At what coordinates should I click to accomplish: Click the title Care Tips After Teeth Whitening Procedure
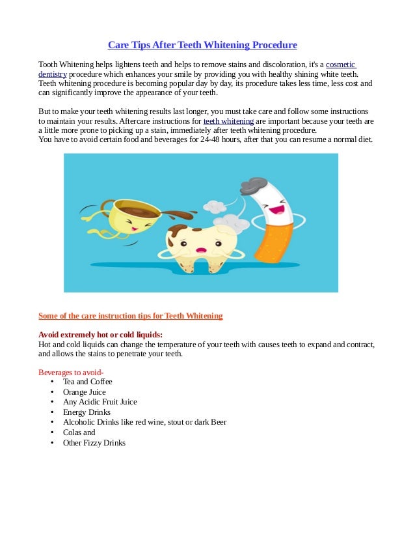(202, 45)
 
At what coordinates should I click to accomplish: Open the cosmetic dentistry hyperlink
(340, 65)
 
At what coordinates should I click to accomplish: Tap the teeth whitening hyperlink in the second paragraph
(228, 121)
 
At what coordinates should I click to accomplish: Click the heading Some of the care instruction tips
(130, 316)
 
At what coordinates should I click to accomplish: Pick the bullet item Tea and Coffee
(88, 382)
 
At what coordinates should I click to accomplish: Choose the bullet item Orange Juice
(84, 392)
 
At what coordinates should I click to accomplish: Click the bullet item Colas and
(79, 432)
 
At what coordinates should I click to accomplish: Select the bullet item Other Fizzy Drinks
(94, 443)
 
